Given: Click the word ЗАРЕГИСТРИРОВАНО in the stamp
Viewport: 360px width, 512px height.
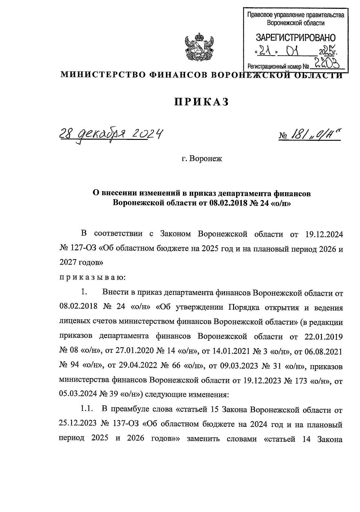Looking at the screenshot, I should pyautogui.click(x=295, y=38).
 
